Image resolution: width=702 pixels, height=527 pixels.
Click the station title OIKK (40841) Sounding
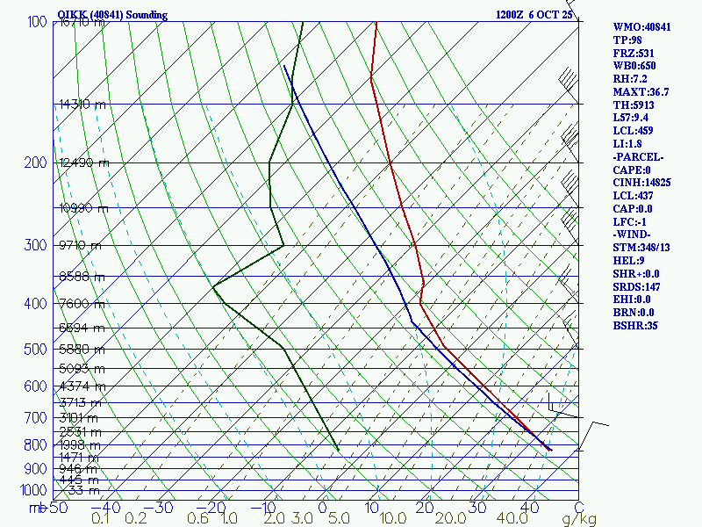[111, 15]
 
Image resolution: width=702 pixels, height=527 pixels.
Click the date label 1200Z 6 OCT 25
[534, 15]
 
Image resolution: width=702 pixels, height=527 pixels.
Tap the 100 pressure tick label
[37, 22]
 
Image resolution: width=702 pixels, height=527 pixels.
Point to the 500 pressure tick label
[36, 350]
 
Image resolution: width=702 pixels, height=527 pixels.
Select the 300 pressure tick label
[36, 245]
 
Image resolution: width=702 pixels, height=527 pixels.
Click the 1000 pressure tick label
[32, 490]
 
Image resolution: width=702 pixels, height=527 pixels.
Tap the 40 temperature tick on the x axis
[529, 507]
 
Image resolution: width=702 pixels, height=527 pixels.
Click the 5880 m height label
[82, 349]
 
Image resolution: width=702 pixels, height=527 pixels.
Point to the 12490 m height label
[84, 162]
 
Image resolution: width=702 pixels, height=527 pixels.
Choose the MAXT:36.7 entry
[641, 91]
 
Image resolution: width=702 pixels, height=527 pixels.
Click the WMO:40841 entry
[641, 27]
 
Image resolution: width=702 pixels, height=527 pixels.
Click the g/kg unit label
[580, 519]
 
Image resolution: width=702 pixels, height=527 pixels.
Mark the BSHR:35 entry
[635, 325]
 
